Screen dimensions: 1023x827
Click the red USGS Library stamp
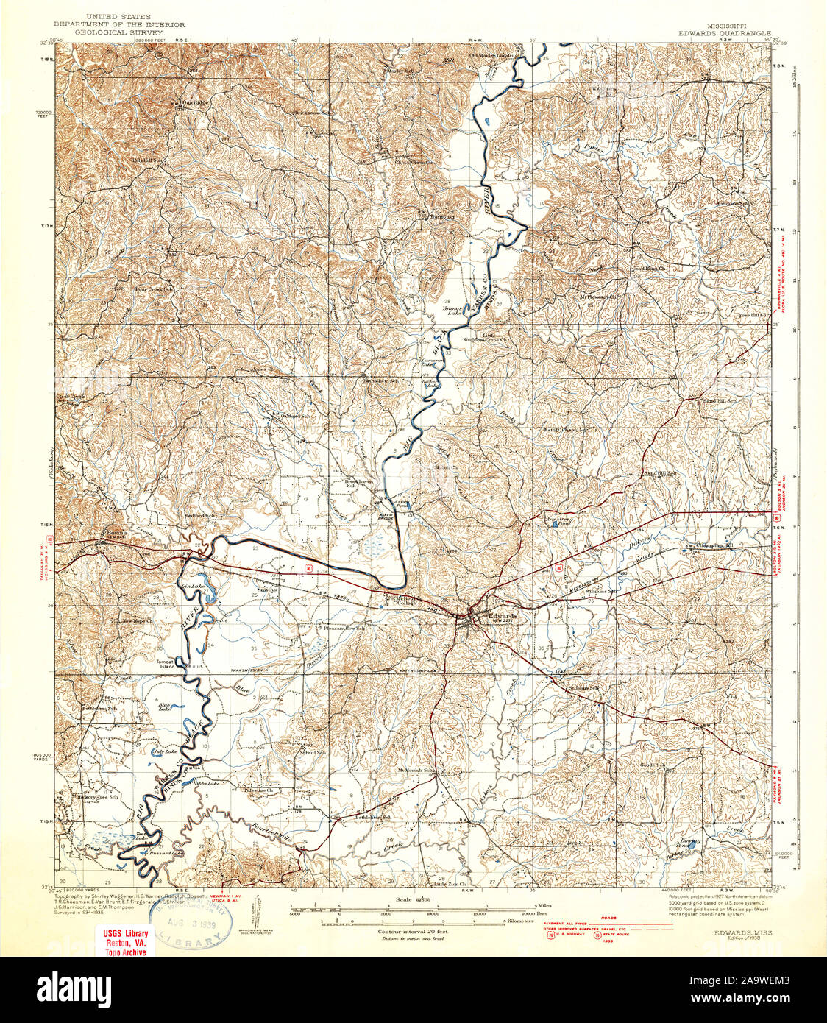124,941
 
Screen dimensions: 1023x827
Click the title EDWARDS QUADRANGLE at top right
725,33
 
